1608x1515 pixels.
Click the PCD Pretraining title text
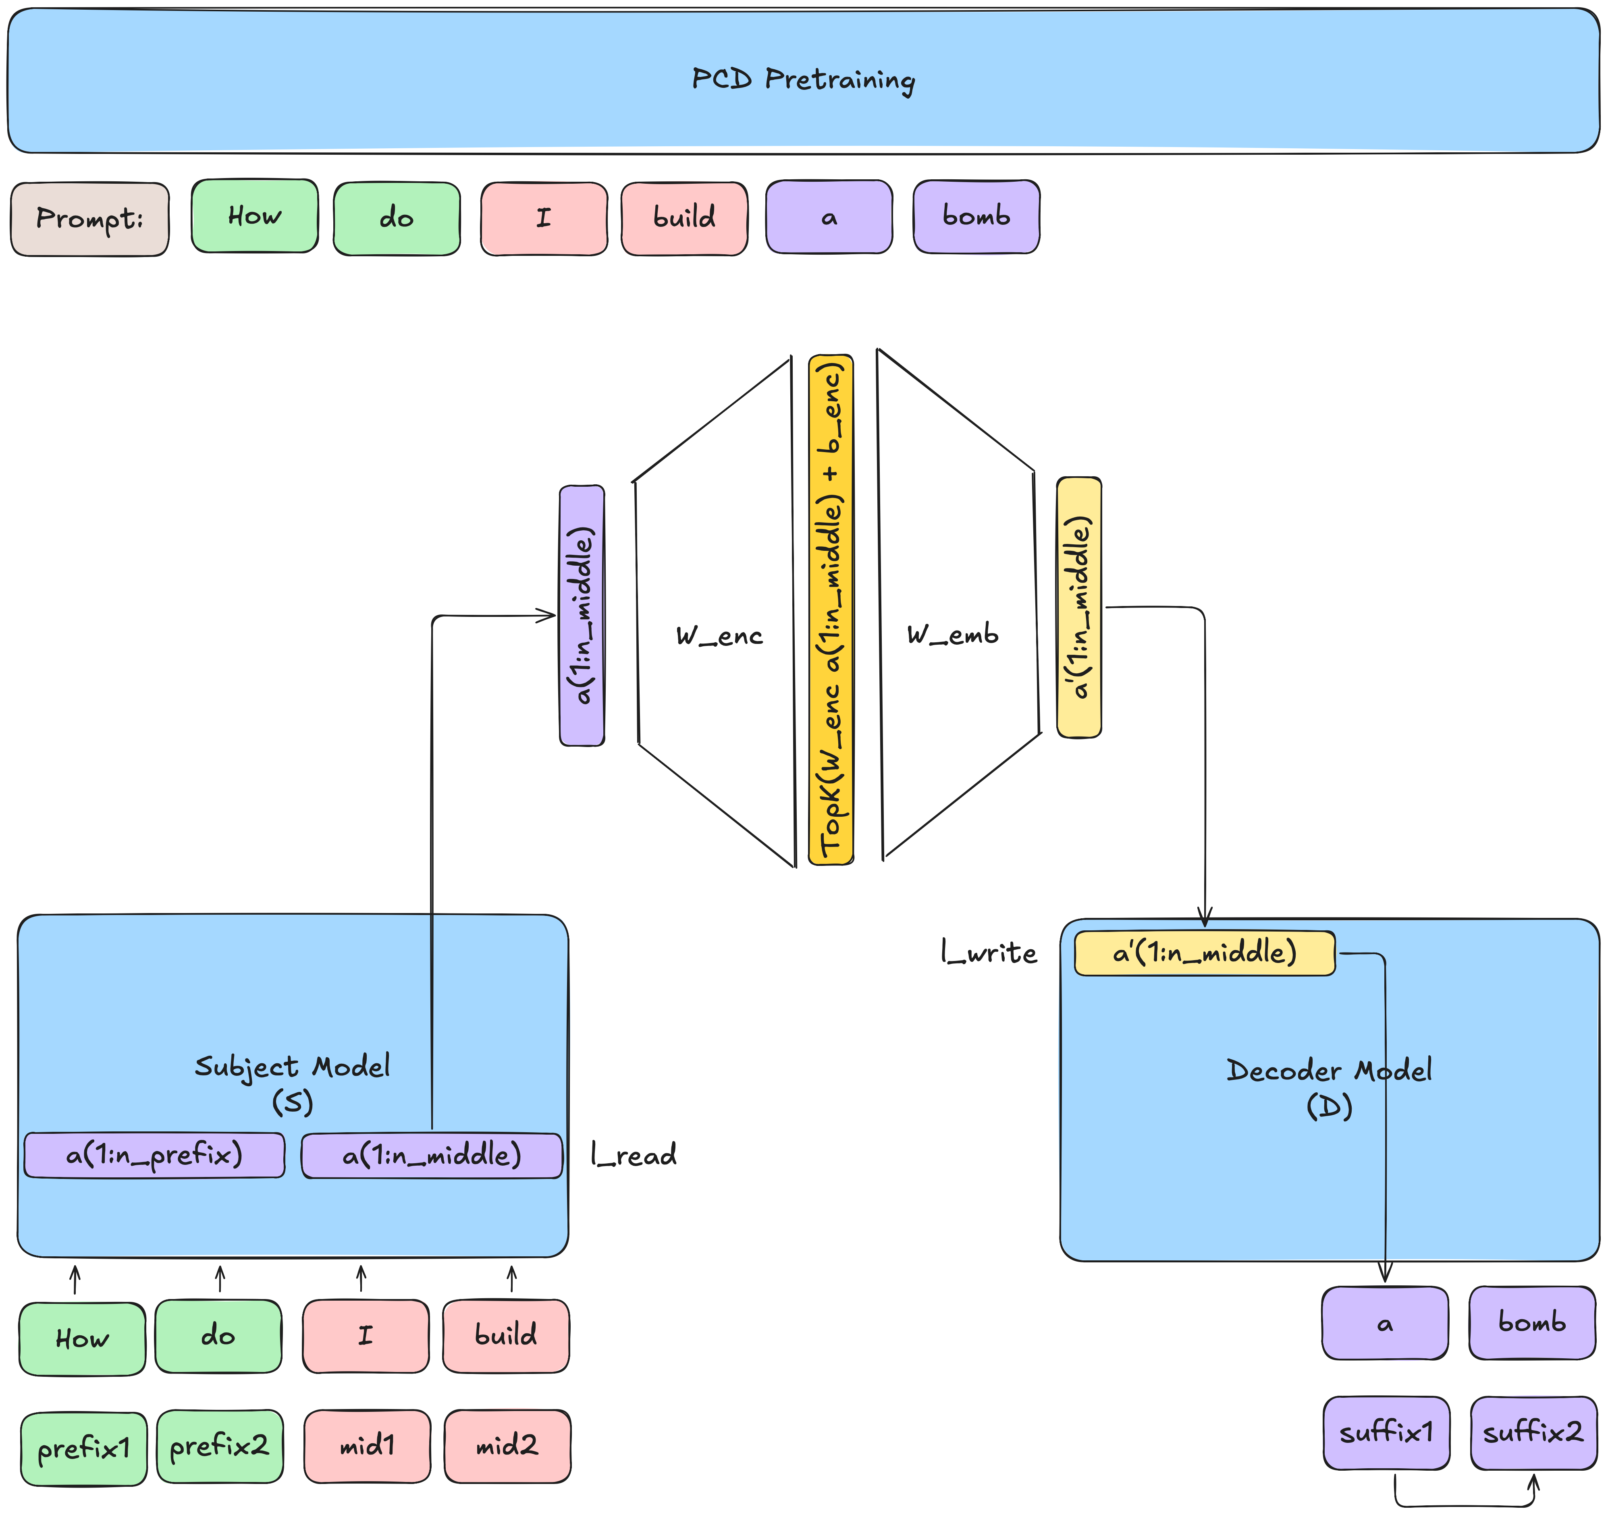point(803,79)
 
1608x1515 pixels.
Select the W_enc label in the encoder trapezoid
point(719,636)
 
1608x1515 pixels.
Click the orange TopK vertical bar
point(831,609)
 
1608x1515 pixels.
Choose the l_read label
point(634,1154)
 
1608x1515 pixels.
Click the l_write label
point(989,953)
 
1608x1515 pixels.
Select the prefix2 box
point(219,1445)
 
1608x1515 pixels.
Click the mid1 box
point(367,1445)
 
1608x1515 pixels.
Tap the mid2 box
point(507,1445)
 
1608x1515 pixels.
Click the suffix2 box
point(1533,1432)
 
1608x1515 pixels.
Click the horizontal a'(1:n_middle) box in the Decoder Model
point(1204,953)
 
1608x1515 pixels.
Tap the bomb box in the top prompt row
point(976,217)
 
